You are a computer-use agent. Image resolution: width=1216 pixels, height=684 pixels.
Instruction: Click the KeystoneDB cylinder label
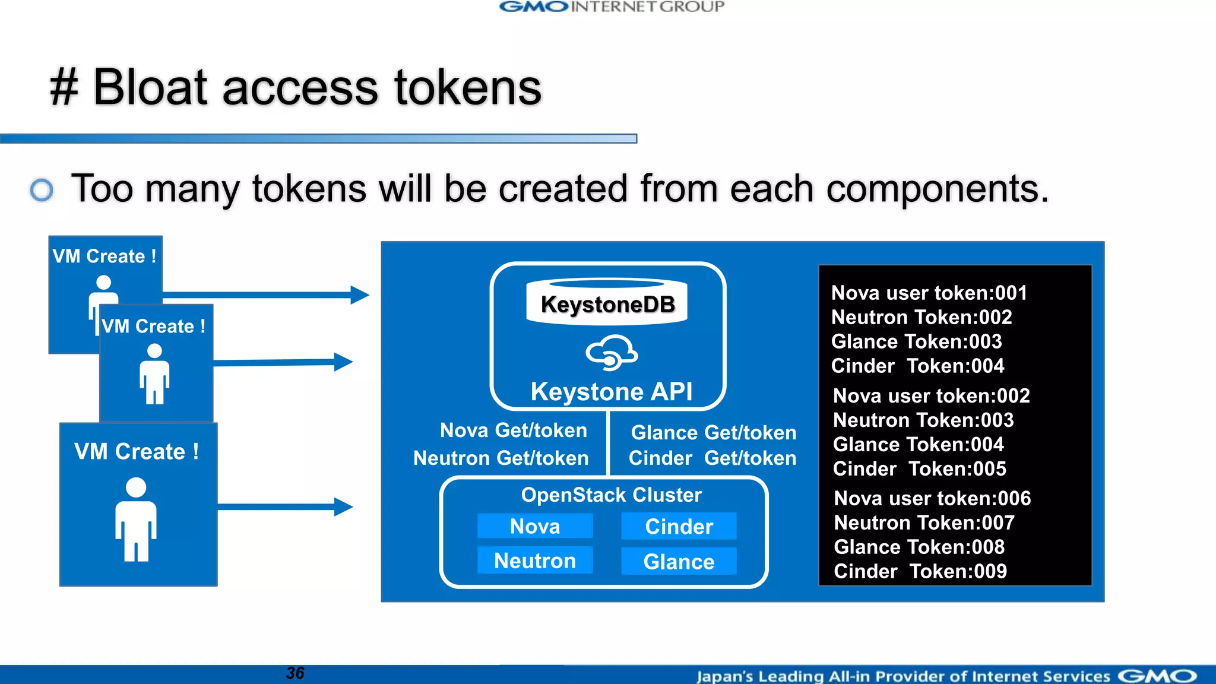607,304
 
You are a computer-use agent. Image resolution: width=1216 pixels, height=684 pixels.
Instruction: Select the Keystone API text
611,392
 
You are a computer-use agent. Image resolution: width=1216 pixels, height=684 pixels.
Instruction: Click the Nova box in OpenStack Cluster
534,526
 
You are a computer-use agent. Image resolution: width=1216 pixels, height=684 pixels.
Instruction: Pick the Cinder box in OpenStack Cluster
679,526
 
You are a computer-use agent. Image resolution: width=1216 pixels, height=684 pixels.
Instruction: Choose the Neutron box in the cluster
534,560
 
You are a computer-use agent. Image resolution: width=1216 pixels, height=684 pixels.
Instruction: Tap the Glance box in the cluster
679,561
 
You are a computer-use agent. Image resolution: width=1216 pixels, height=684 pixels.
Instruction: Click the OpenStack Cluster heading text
611,495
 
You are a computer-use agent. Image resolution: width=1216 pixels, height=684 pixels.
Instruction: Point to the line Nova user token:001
929,293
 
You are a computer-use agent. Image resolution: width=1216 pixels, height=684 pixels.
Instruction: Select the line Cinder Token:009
920,571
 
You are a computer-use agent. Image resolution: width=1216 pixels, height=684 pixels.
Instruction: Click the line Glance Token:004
918,444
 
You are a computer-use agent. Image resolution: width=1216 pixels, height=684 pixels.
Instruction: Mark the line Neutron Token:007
924,522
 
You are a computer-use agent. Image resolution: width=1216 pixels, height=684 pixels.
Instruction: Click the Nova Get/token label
513,430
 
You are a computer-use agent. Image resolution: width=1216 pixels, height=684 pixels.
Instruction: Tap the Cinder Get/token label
712,458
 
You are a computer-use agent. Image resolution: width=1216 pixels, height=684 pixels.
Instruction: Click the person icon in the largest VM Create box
136,520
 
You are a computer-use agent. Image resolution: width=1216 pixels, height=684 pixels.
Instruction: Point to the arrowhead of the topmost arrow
360,294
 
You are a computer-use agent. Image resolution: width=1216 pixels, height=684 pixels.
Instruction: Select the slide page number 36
294,673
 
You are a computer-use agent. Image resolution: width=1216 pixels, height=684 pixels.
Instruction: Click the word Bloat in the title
150,88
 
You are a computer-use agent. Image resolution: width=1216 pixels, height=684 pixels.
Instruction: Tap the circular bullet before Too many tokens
42,190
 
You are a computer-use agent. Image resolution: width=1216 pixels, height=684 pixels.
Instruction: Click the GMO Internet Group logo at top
612,7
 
